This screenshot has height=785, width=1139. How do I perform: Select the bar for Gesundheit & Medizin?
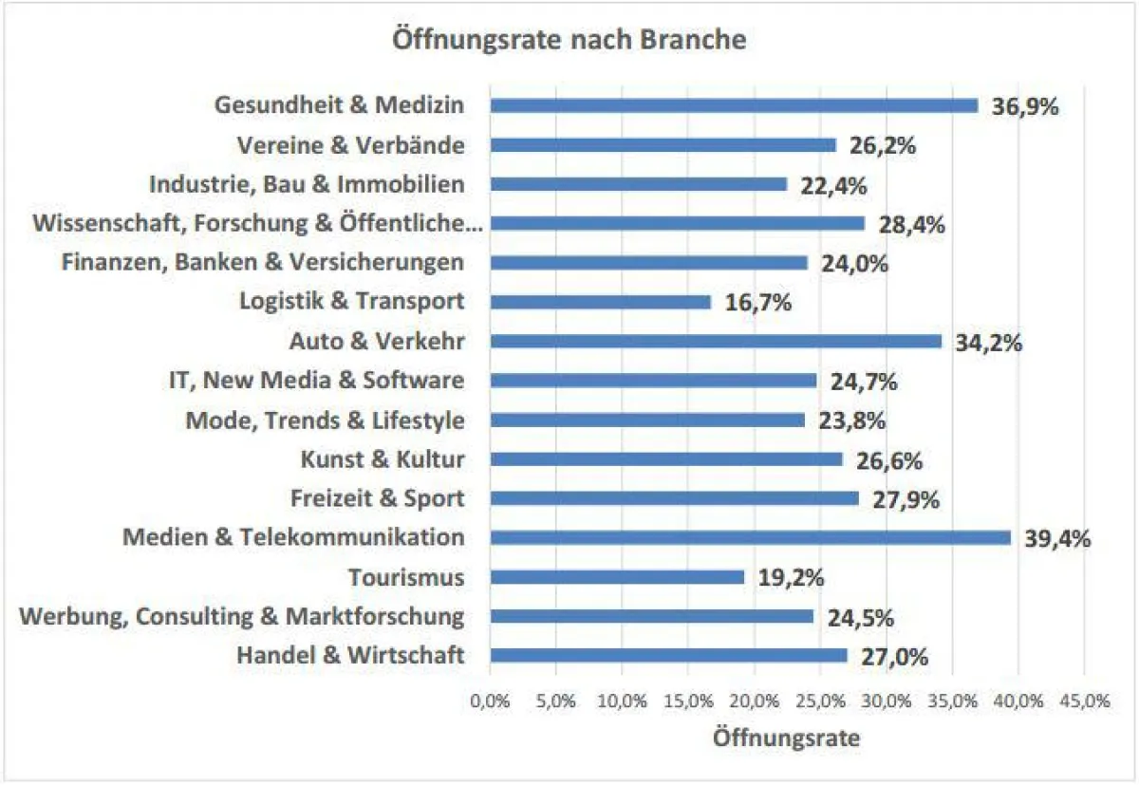pyautogui.click(x=734, y=105)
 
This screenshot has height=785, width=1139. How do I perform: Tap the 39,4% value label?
pyautogui.click(x=1057, y=539)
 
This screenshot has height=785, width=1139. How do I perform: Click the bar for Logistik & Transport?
pyautogui.click(x=600, y=302)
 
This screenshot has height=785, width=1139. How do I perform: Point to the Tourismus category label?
pyautogui.click(x=406, y=577)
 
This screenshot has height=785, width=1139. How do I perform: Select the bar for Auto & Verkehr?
pyautogui.click(x=716, y=341)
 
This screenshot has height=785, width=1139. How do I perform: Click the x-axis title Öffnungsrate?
pyautogui.click(x=786, y=738)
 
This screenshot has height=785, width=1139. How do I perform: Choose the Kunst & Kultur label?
pyautogui.click(x=383, y=459)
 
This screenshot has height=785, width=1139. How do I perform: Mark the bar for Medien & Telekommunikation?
pyautogui.click(x=750, y=537)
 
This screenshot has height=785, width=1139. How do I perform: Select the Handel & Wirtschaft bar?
pyautogui.click(x=668, y=655)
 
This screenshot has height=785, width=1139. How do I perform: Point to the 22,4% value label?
pyautogui.click(x=833, y=186)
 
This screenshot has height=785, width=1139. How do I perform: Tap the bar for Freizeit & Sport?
pyautogui.click(x=674, y=498)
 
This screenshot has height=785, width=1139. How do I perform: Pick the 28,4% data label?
pyautogui.click(x=912, y=225)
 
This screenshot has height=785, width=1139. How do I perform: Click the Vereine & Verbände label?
pyautogui.click(x=349, y=145)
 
